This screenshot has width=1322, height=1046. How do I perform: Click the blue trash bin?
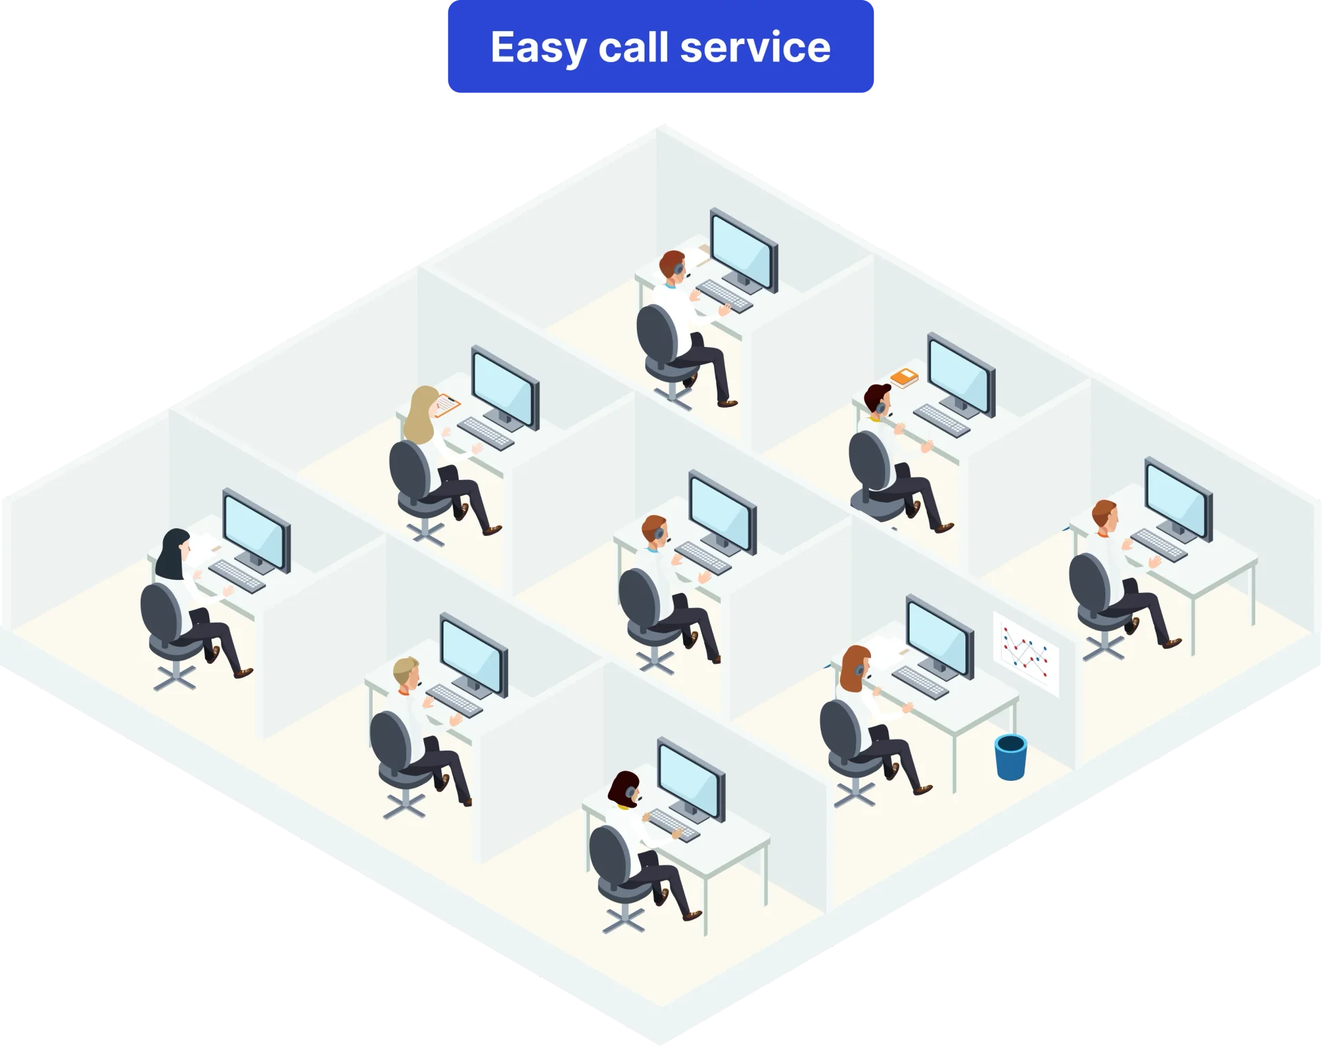pyautogui.click(x=1010, y=757)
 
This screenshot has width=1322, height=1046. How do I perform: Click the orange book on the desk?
pyautogui.click(x=904, y=377)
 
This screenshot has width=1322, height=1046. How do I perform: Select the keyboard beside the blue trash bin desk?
pyautogui.click(x=920, y=682)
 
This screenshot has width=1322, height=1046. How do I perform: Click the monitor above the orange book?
pyautogui.click(x=961, y=374)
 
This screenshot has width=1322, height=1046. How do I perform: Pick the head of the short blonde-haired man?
pyautogui.click(x=406, y=674)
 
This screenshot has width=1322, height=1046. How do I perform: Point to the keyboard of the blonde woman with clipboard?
pyautogui.click(x=485, y=432)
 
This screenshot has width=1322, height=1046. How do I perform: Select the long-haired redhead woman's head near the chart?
pyautogui.click(x=854, y=667)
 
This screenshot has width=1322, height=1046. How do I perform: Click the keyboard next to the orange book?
pyautogui.click(x=941, y=419)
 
